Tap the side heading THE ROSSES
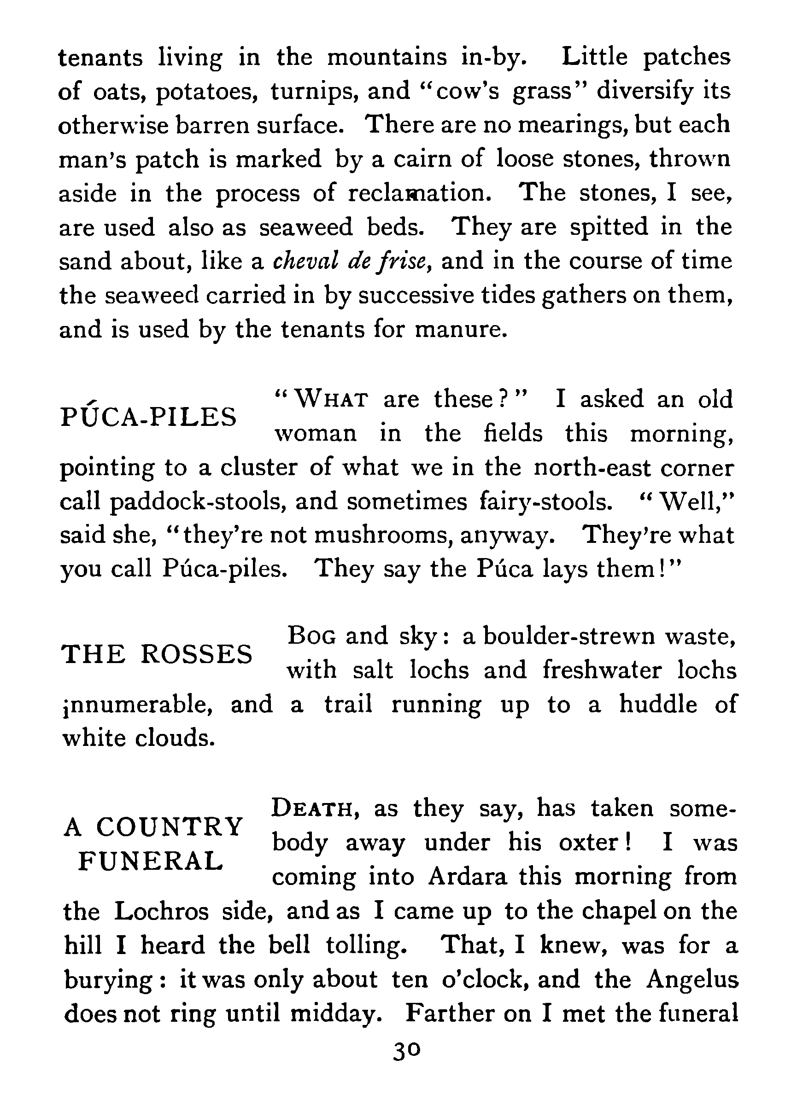point(157,654)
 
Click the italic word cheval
point(305,261)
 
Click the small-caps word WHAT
point(332,399)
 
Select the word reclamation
point(419,193)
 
